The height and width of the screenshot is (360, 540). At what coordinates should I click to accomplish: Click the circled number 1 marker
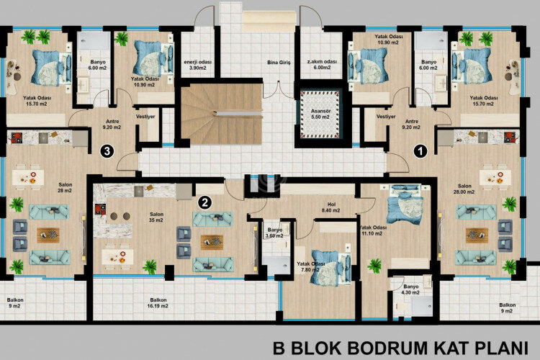click(421, 152)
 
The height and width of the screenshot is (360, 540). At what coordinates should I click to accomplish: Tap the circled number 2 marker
click(206, 202)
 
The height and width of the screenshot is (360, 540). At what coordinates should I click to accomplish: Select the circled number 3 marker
click(107, 152)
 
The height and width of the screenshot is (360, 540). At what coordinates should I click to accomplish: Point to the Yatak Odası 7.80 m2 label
click(311, 267)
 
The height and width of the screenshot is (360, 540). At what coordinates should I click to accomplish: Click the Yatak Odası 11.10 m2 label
click(374, 230)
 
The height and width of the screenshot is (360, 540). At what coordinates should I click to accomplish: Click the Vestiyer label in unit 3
click(146, 116)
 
